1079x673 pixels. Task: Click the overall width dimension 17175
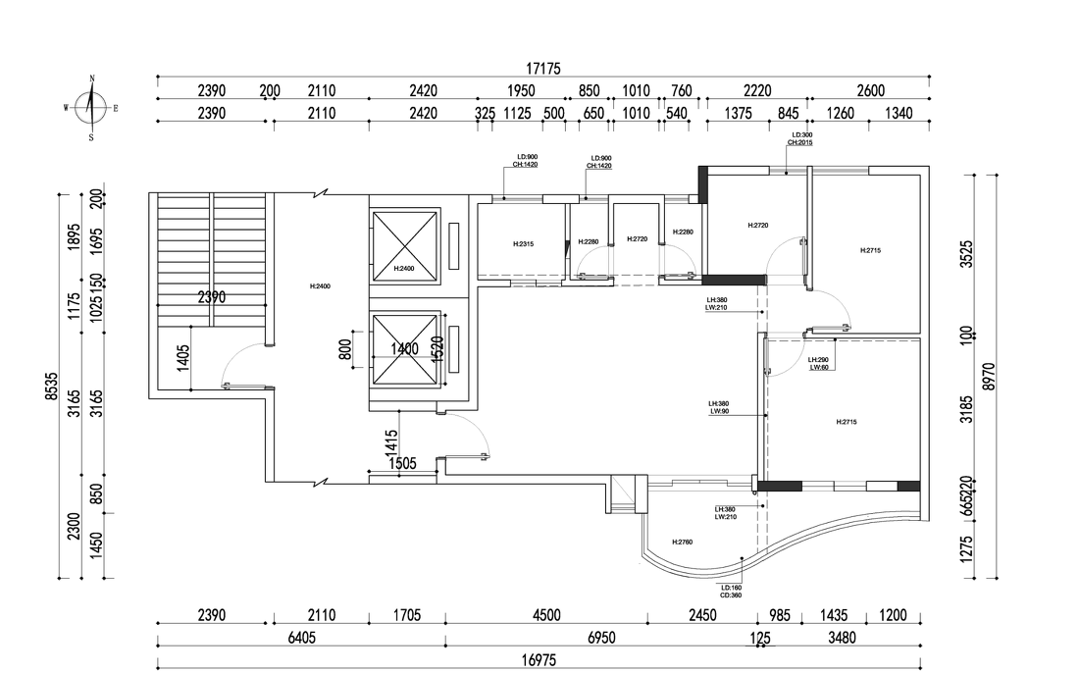542,69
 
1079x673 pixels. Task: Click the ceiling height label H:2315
523,244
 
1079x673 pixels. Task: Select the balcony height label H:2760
683,543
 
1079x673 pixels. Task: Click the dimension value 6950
601,639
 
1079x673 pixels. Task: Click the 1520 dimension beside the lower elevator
437,348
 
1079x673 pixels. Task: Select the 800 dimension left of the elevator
346,350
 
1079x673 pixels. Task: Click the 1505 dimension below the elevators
403,464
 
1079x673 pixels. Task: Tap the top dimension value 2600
869,91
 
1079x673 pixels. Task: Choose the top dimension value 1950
521,91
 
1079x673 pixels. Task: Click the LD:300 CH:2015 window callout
799,138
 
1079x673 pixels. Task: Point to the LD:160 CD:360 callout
730,592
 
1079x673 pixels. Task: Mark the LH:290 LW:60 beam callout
818,364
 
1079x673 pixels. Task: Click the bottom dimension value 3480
842,639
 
